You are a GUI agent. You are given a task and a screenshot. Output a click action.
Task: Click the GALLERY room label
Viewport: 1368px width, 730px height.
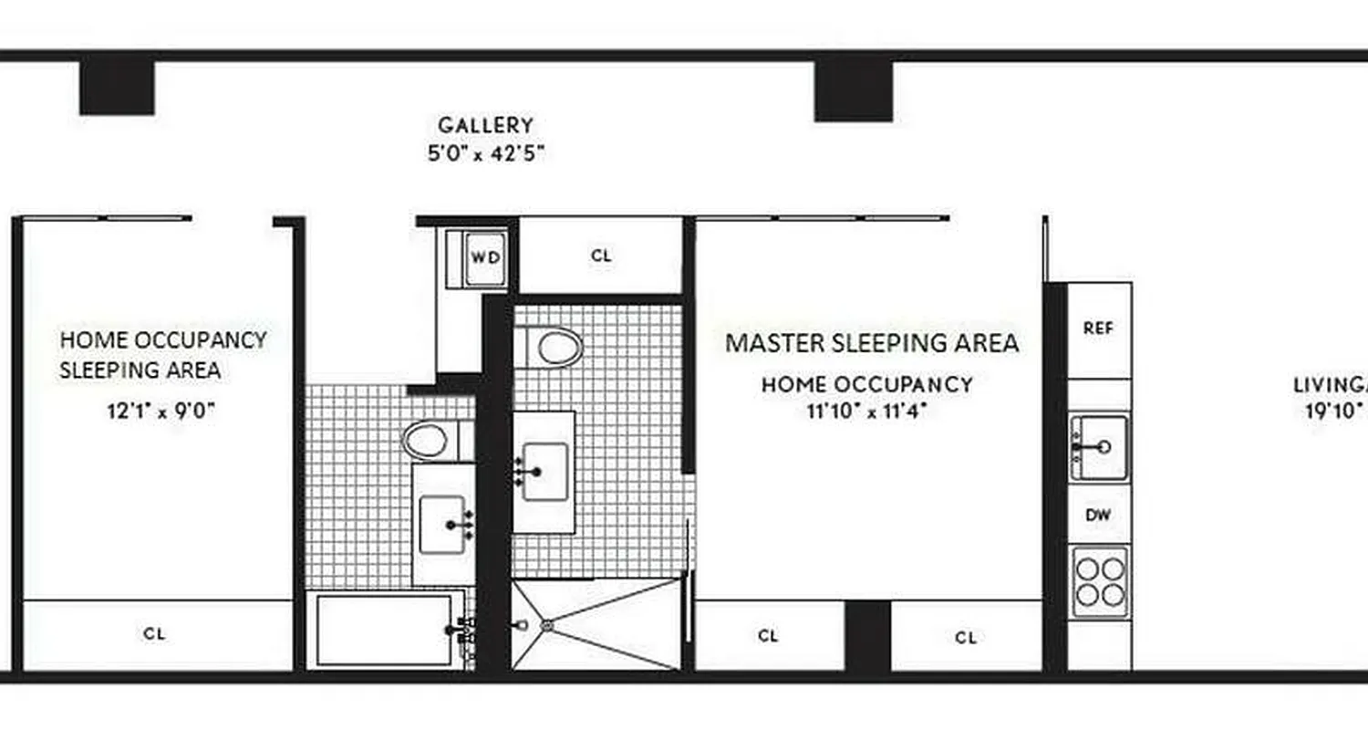tap(485, 125)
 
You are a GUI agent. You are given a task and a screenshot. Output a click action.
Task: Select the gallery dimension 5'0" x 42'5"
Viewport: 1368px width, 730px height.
tap(486, 153)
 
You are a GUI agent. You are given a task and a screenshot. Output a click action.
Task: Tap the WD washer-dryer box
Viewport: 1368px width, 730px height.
tap(485, 257)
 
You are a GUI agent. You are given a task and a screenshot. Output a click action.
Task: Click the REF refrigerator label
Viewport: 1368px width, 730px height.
tap(1098, 329)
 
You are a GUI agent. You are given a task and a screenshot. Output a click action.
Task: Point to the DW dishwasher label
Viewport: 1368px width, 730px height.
tap(1098, 516)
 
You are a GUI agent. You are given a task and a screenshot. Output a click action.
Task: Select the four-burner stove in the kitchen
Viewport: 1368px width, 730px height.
tap(1099, 582)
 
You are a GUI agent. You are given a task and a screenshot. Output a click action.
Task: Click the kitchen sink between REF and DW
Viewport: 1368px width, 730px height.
tap(1099, 446)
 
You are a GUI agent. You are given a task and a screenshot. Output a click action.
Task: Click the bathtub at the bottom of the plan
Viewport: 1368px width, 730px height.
tap(384, 630)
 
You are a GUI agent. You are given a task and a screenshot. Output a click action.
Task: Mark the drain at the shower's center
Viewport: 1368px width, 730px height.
tap(547, 626)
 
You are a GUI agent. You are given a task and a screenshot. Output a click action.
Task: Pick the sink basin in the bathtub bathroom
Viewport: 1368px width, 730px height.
tap(442, 525)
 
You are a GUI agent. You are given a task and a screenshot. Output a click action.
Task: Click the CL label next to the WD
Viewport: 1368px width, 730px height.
tap(601, 256)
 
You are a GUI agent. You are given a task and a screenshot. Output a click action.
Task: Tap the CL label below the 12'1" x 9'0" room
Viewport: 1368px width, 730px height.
tap(155, 633)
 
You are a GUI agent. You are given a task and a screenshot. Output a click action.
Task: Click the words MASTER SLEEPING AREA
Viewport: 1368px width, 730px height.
tap(871, 343)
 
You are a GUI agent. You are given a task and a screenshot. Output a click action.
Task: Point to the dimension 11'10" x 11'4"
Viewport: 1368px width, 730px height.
tap(866, 411)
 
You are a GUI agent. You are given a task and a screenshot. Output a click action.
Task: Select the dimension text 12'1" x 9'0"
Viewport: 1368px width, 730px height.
tap(161, 411)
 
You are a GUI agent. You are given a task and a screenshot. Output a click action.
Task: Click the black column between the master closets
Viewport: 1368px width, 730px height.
tap(867, 635)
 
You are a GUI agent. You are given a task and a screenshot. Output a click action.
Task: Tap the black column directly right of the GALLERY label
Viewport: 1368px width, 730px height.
tap(853, 90)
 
